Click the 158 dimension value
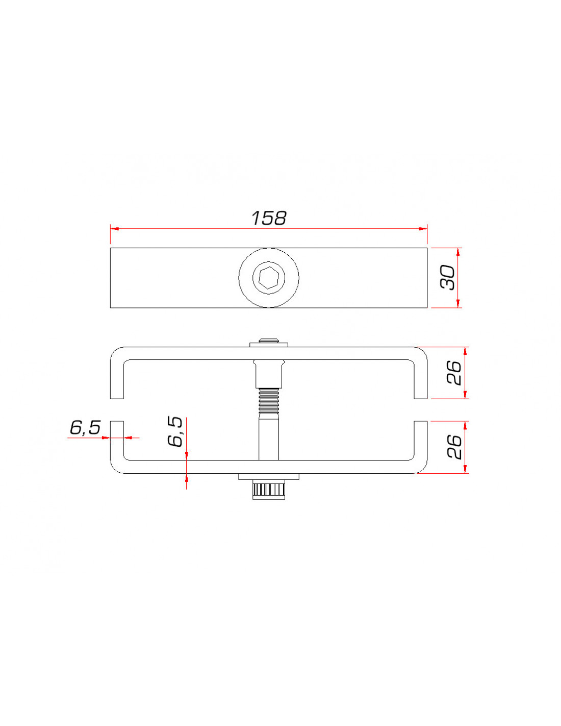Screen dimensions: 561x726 (269, 218)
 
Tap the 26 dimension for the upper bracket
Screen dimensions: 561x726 (454, 373)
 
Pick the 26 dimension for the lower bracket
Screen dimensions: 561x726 (454, 447)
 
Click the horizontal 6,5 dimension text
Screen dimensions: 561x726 (85, 428)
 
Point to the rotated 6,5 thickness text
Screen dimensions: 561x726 (175, 431)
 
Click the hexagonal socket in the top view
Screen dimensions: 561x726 (269, 278)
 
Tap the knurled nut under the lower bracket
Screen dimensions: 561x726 (269, 491)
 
